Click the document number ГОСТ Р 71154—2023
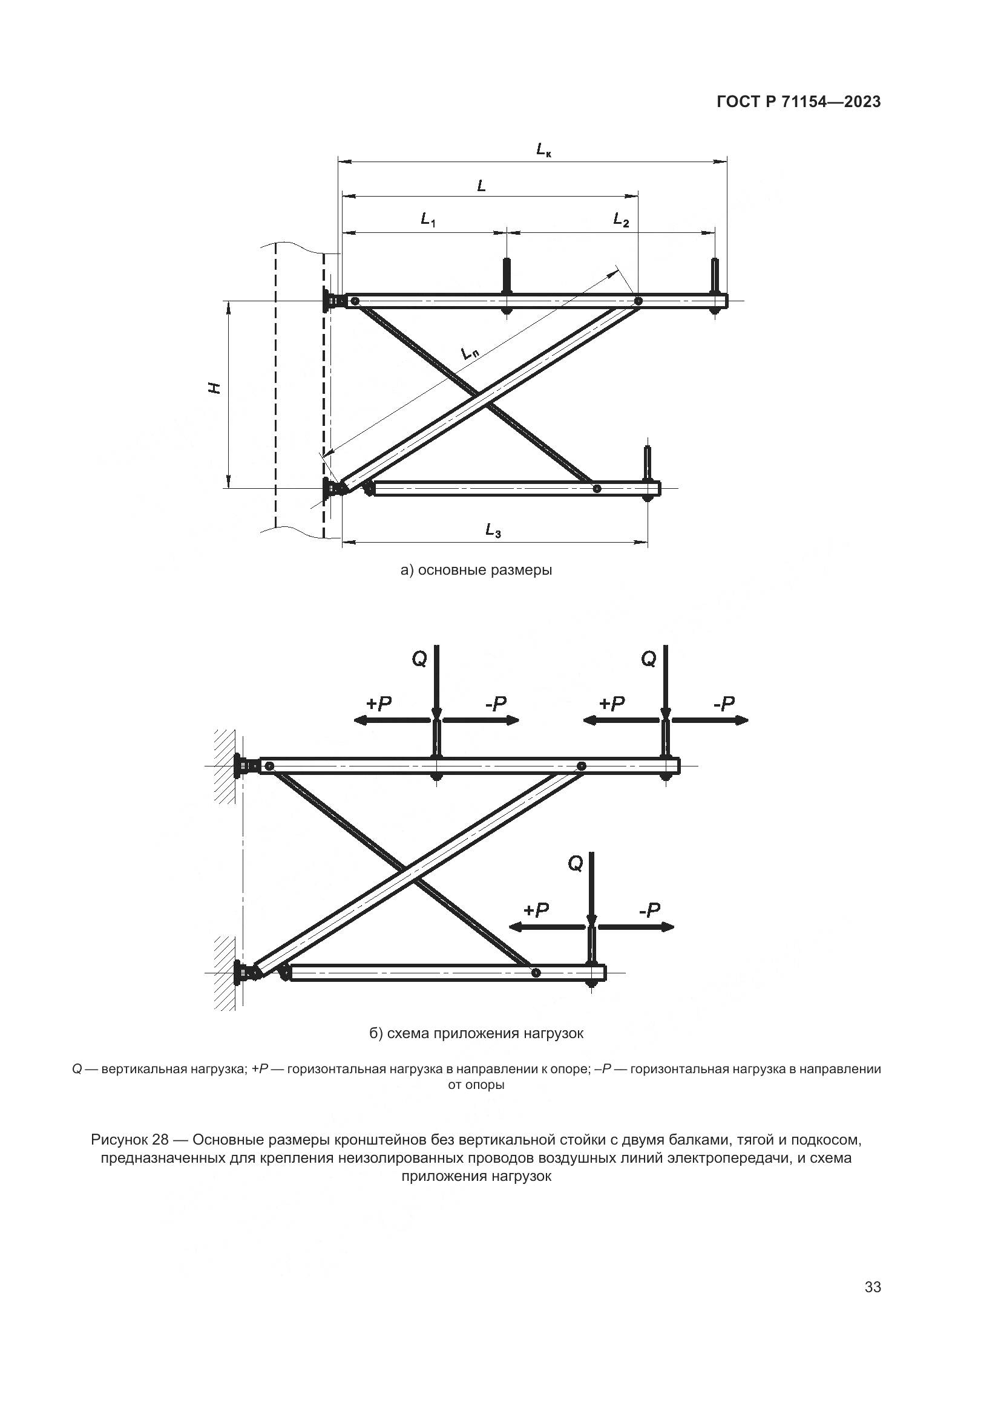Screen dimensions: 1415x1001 pos(798,102)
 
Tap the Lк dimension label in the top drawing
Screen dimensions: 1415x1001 pos(543,149)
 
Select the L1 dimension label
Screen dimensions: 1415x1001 pos(428,220)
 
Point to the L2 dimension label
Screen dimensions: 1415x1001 pos(621,220)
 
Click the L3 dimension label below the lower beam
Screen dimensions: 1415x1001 pos(493,530)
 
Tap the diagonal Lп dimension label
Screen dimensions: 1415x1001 pos(470,354)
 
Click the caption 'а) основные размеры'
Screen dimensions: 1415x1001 pos(476,570)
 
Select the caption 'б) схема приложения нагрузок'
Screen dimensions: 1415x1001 pos(476,1033)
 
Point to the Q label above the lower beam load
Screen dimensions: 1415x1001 pos(574,864)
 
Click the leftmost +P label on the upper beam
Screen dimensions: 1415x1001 pos(378,704)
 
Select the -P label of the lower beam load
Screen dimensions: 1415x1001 pos(649,910)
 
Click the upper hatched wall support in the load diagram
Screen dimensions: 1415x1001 pos(225,766)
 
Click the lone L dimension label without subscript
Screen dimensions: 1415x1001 pos(481,185)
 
